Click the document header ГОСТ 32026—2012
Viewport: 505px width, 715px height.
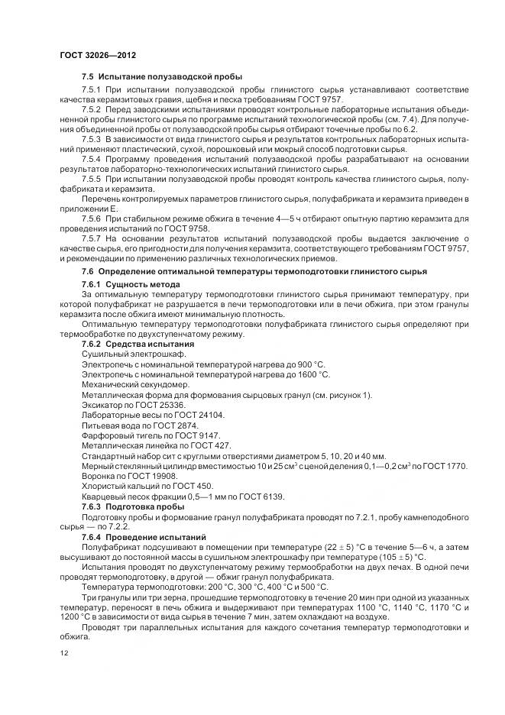tap(98, 57)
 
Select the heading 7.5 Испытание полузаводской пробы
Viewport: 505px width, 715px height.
tap(162, 77)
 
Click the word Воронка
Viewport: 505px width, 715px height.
tap(99, 475)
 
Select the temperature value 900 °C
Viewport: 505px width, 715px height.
tap(307, 364)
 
